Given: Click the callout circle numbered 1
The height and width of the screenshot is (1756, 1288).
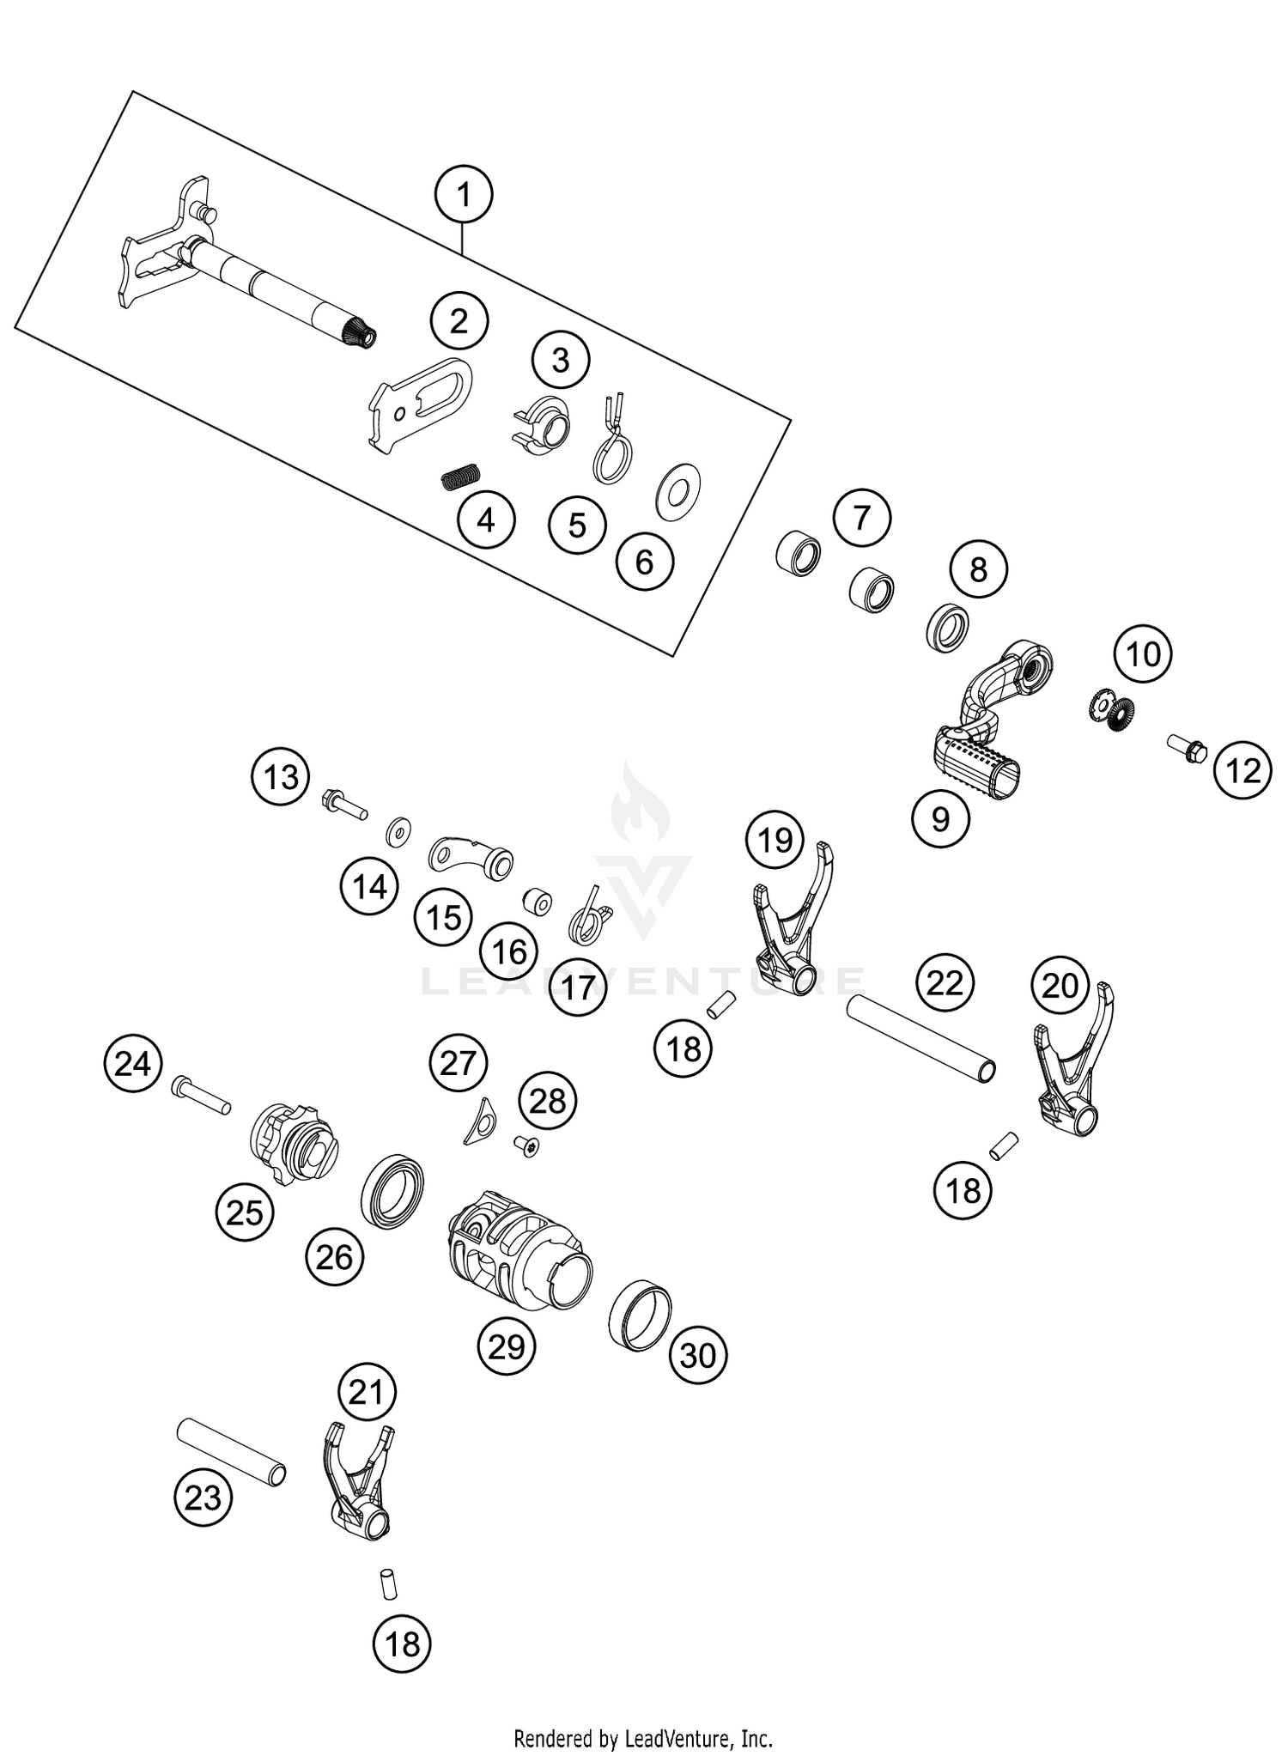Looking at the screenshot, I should (464, 195).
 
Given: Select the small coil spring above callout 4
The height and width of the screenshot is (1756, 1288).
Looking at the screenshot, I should (461, 475).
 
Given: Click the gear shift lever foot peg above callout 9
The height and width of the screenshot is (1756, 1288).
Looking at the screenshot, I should (979, 759).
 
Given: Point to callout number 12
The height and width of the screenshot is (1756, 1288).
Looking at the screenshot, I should (1242, 771).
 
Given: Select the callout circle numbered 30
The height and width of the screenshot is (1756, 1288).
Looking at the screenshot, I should (697, 1355).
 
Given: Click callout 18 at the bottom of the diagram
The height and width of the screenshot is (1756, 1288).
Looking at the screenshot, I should (402, 1644).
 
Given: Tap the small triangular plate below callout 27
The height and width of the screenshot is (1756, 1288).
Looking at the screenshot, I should (478, 1121).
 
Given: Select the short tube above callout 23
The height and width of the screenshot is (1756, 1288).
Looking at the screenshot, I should (231, 1450).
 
